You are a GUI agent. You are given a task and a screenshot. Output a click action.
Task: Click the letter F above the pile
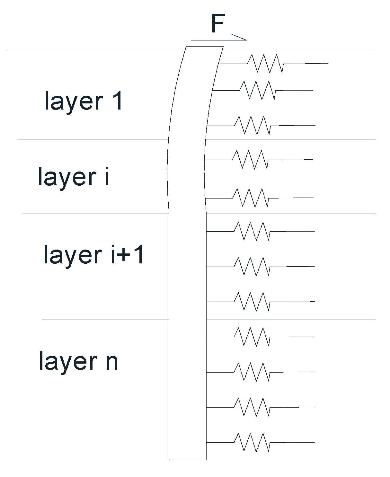pos(217,24)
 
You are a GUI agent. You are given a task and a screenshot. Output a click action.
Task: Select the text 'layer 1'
pos(84,101)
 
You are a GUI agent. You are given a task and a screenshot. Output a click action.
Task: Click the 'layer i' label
pos(74,176)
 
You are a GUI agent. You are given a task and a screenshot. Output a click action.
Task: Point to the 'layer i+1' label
pos(93,254)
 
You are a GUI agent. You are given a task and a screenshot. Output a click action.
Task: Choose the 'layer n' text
pos(78,361)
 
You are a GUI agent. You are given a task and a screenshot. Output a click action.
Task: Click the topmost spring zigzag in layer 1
pos(265,63)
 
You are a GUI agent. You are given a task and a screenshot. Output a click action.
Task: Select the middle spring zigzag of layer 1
pos(258,90)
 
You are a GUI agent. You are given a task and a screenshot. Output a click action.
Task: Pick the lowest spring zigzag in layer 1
pos(253,125)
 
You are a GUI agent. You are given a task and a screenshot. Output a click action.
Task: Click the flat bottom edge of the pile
pos(188,460)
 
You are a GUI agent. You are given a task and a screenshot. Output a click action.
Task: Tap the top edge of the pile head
pos(205,46)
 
